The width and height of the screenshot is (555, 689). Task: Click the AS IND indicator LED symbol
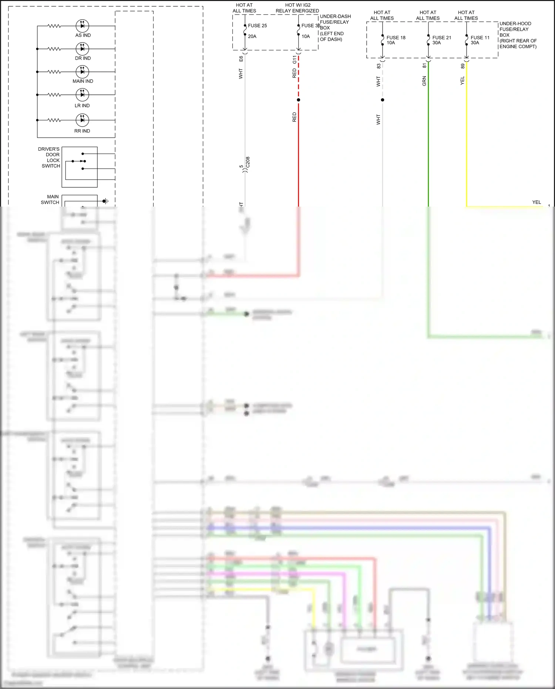pyautogui.click(x=82, y=26)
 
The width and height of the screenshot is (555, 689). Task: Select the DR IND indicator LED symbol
pyautogui.click(x=82, y=49)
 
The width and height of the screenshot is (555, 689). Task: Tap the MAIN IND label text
pyautogui.click(x=83, y=81)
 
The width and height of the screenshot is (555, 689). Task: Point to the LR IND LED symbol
pyautogui.click(x=82, y=95)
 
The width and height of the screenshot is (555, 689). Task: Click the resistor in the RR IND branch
pyautogui.click(x=54, y=120)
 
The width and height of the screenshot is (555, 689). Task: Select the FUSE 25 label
pyautogui.click(x=257, y=26)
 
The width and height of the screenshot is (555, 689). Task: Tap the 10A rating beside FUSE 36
pyautogui.click(x=306, y=36)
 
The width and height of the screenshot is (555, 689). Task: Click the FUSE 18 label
pyautogui.click(x=396, y=37)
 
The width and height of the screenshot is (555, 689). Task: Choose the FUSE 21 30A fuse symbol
pyautogui.click(x=428, y=40)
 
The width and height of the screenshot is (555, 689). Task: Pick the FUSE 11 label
pyautogui.click(x=480, y=37)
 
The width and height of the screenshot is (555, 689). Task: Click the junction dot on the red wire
pyautogui.click(x=299, y=100)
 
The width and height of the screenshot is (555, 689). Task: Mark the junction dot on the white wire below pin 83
pyautogui.click(x=383, y=100)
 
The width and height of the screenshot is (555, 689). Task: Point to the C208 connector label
pyautogui.click(x=248, y=162)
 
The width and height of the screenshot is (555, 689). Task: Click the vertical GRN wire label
pyautogui.click(x=424, y=81)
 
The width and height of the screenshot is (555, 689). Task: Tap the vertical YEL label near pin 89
pyautogui.click(x=462, y=81)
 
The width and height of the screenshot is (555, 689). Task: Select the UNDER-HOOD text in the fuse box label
pyautogui.click(x=515, y=23)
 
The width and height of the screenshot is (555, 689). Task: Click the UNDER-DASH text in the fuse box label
pyautogui.click(x=335, y=16)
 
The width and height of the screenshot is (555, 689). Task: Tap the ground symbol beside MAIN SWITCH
pyautogui.click(x=105, y=201)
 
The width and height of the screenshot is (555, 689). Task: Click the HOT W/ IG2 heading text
pyautogui.click(x=298, y=5)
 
